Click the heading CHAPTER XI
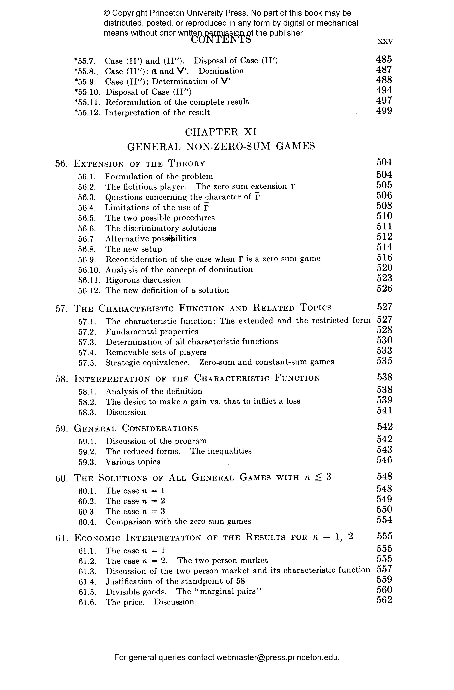[x=221, y=132]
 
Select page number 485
[x=384, y=59]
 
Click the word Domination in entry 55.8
[x=221, y=71]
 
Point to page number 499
[x=384, y=111]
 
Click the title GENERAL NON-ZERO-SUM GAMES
[x=221, y=146]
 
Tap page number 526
[x=384, y=289]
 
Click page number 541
[x=384, y=411]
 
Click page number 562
[x=384, y=600]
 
